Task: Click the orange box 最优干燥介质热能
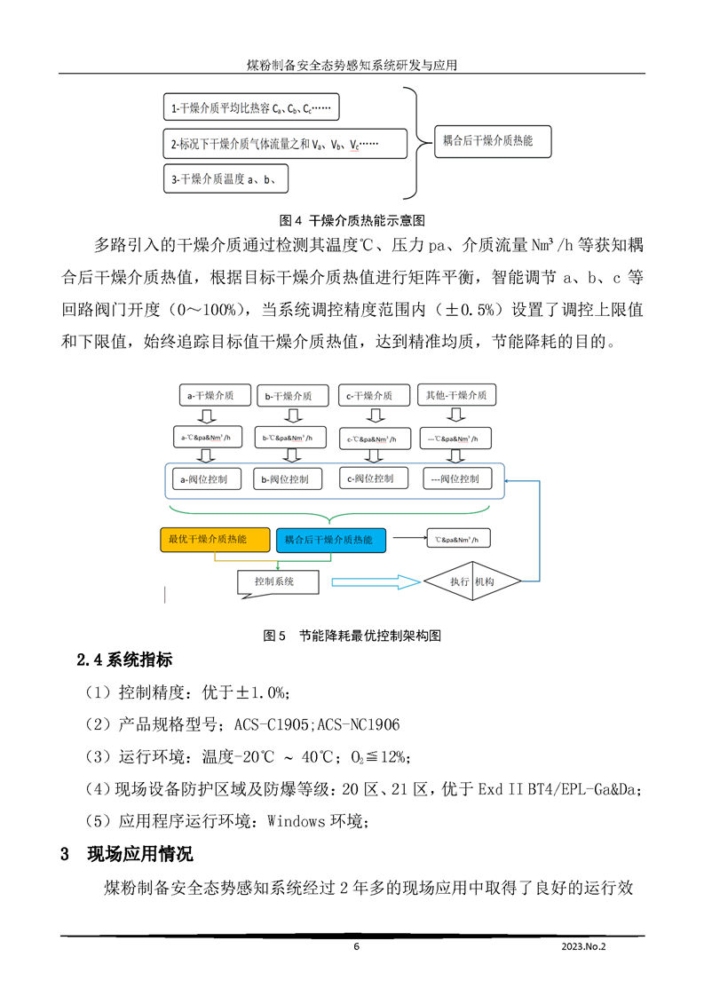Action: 215,540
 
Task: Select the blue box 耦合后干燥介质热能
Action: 330,540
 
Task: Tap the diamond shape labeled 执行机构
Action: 471,581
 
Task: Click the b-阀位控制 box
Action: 286,479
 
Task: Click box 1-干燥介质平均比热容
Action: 251,109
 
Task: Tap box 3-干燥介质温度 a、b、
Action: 226,179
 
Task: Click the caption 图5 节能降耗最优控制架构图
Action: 352,636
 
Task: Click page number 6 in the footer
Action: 356,946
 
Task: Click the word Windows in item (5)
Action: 297,821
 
